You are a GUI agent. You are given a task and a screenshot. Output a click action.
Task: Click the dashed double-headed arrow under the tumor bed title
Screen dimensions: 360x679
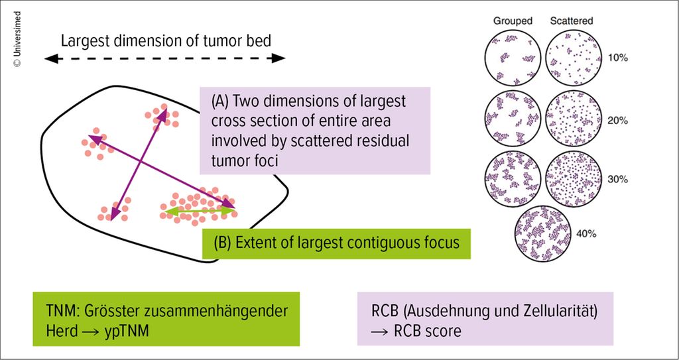point(164,58)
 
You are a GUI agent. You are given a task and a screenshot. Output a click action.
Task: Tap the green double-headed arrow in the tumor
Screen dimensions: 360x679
point(200,211)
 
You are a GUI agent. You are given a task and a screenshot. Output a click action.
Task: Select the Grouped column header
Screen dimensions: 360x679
point(513,21)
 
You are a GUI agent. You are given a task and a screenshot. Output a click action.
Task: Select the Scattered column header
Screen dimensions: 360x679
point(572,21)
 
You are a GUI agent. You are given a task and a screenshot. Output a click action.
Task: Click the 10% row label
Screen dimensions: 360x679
point(618,58)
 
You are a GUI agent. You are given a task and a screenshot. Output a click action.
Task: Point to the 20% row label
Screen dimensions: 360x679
point(618,121)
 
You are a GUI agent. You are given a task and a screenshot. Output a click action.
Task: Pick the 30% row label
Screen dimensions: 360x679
point(618,180)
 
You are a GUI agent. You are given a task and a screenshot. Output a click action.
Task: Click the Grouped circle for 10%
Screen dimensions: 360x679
point(513,58)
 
